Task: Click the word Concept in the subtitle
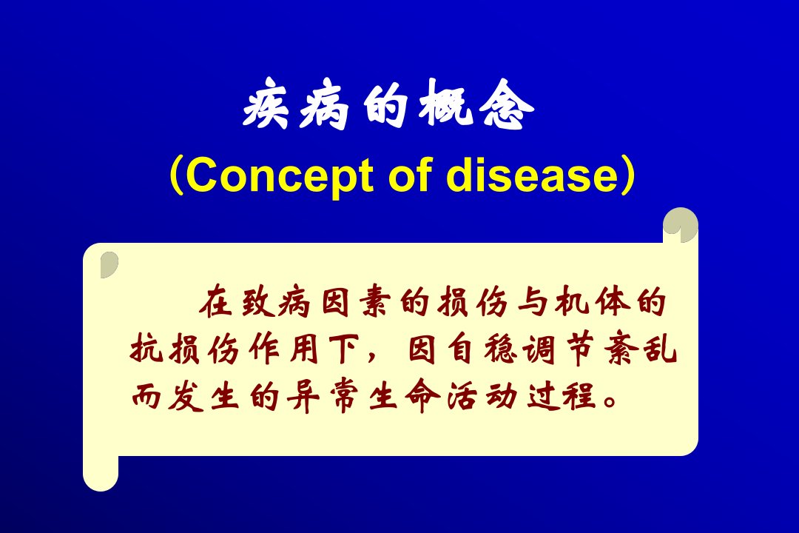[279, 176]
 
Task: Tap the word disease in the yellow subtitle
[532, 175]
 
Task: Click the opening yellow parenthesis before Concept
[176, 175]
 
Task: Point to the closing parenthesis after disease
[629, 175]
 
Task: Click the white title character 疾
[265, 104]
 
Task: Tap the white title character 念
[507, 104]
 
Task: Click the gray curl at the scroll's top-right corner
[681, 225]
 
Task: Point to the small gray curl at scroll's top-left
[109, 264]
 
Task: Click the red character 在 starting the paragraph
[215, 302]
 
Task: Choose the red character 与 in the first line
[533, 302]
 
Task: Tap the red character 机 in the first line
[572, 302]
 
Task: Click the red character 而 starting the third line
[146, 396]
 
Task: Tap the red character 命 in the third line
[423, 396]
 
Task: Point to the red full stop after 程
[610, 401]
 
